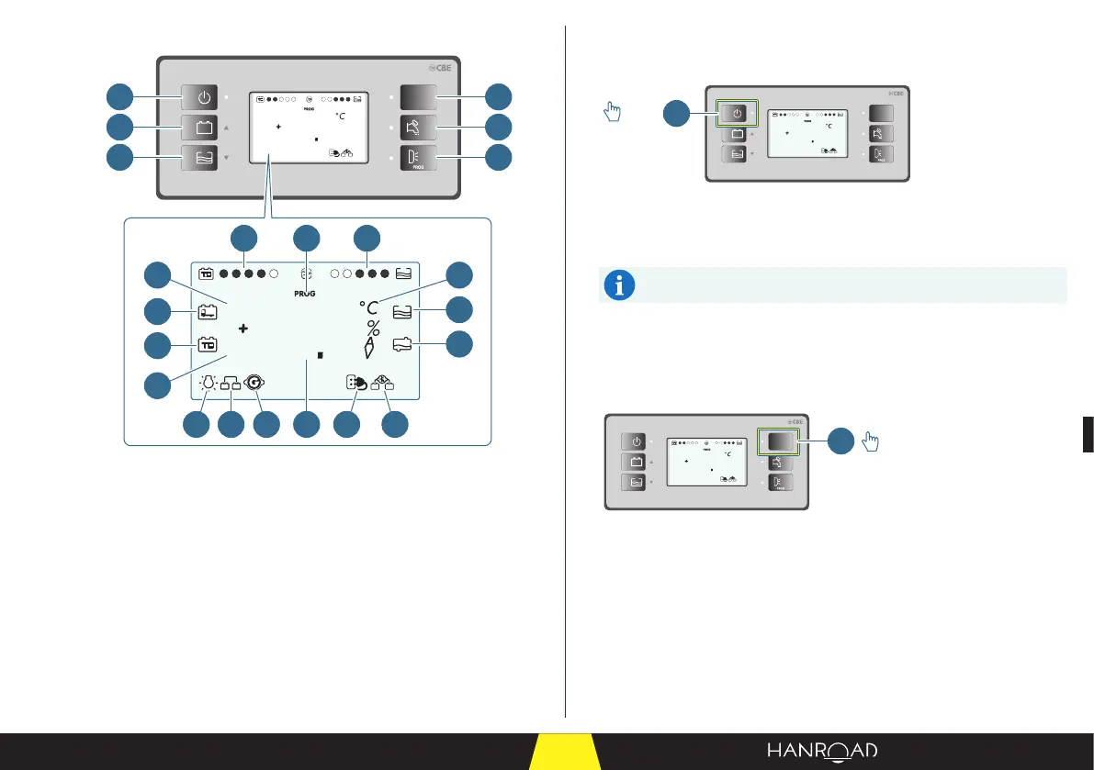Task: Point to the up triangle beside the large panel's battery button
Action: [x=226, y=128]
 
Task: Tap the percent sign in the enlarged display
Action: [x=373, y=329]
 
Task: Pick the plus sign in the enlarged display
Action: [x=243, y=328]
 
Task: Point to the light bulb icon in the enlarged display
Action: [x=208, y=385]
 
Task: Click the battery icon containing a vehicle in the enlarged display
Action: [x=208, y=312]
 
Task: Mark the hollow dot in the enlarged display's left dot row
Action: [x=274, y=273]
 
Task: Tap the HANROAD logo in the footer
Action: [x=822, y=752]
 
